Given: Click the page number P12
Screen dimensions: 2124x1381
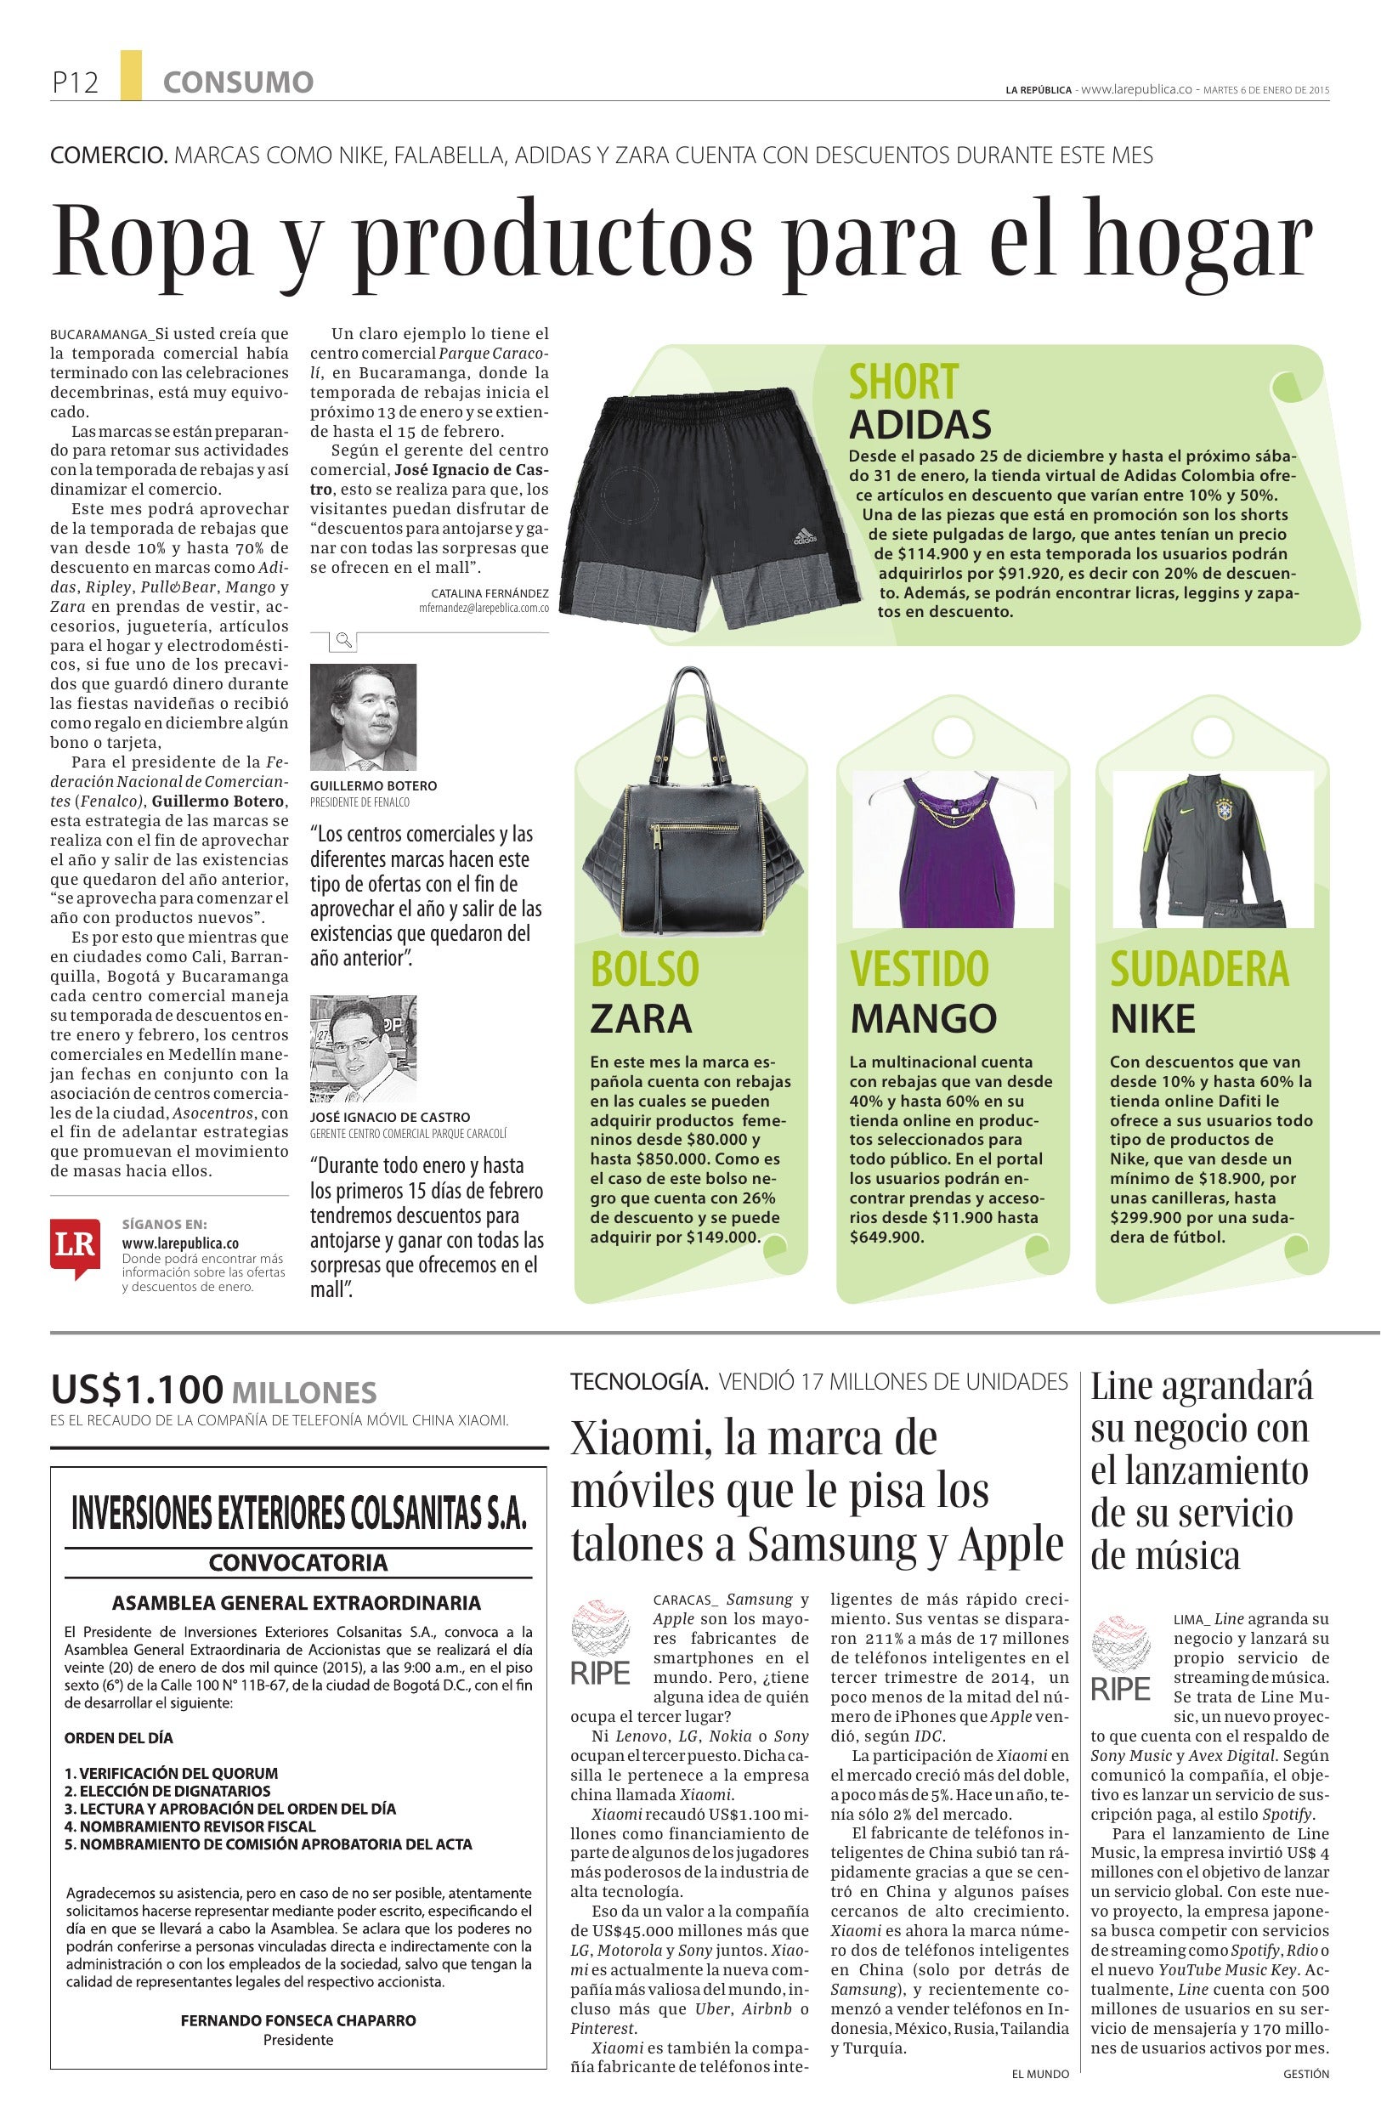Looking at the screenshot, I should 74,83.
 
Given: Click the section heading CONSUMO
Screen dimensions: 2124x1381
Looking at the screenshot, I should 237,83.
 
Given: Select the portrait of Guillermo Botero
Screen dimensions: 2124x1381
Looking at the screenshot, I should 363,716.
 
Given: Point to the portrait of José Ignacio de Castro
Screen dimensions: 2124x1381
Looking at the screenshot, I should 363,1050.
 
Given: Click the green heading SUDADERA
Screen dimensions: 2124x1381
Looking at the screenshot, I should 1199,969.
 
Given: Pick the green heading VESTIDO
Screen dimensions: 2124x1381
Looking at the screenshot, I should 919,969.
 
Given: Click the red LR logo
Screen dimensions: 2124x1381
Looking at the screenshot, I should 75,1245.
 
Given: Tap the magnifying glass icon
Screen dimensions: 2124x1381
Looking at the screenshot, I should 343,639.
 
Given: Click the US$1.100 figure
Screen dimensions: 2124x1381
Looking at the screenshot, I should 136,1390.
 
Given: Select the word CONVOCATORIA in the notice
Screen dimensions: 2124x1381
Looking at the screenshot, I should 298,1562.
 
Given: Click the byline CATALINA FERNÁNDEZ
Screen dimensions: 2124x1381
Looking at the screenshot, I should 489,592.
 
